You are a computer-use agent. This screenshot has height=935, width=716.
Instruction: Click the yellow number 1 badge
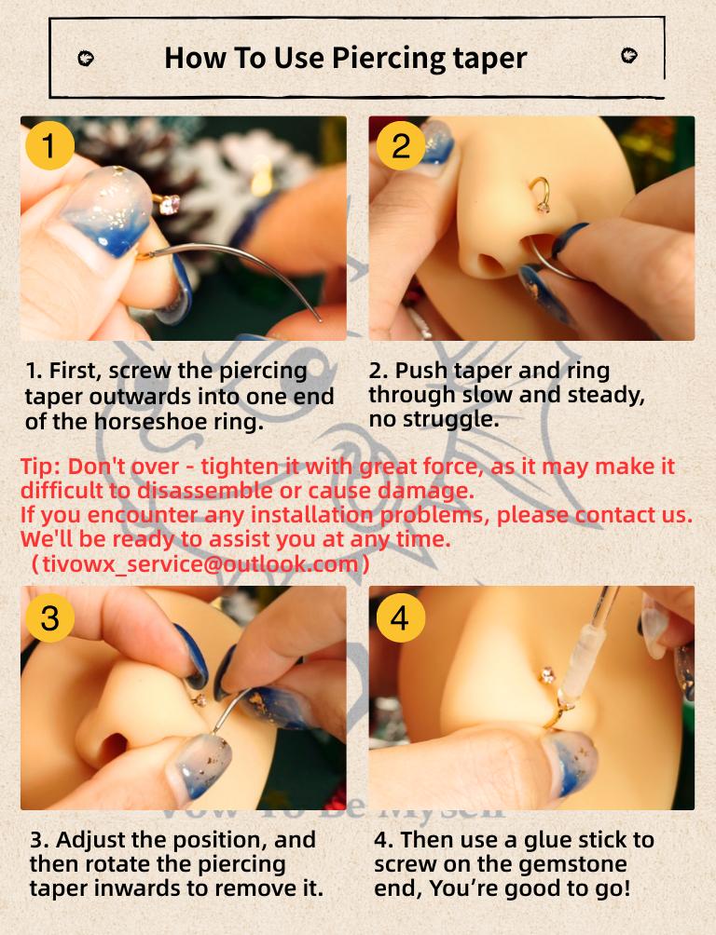tap(49, 145)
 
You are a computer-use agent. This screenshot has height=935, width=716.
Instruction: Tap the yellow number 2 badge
tap(401, 145)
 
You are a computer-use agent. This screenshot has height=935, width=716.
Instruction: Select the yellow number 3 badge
tap(49, 617)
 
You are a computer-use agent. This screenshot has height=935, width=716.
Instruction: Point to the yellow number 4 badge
tap(401, 617)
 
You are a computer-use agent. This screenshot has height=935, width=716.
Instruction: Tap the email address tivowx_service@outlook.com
tap(200, 563)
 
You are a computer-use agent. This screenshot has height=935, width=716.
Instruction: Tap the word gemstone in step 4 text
tap(575, 863)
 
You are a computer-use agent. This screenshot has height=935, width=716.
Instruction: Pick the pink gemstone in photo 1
tap(171, 205)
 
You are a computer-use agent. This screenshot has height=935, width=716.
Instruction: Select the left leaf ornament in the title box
tap(86, 58)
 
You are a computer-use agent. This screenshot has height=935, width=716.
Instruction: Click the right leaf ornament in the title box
tap(629, 56)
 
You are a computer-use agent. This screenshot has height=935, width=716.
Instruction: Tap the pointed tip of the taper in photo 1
tap(321, 319)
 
